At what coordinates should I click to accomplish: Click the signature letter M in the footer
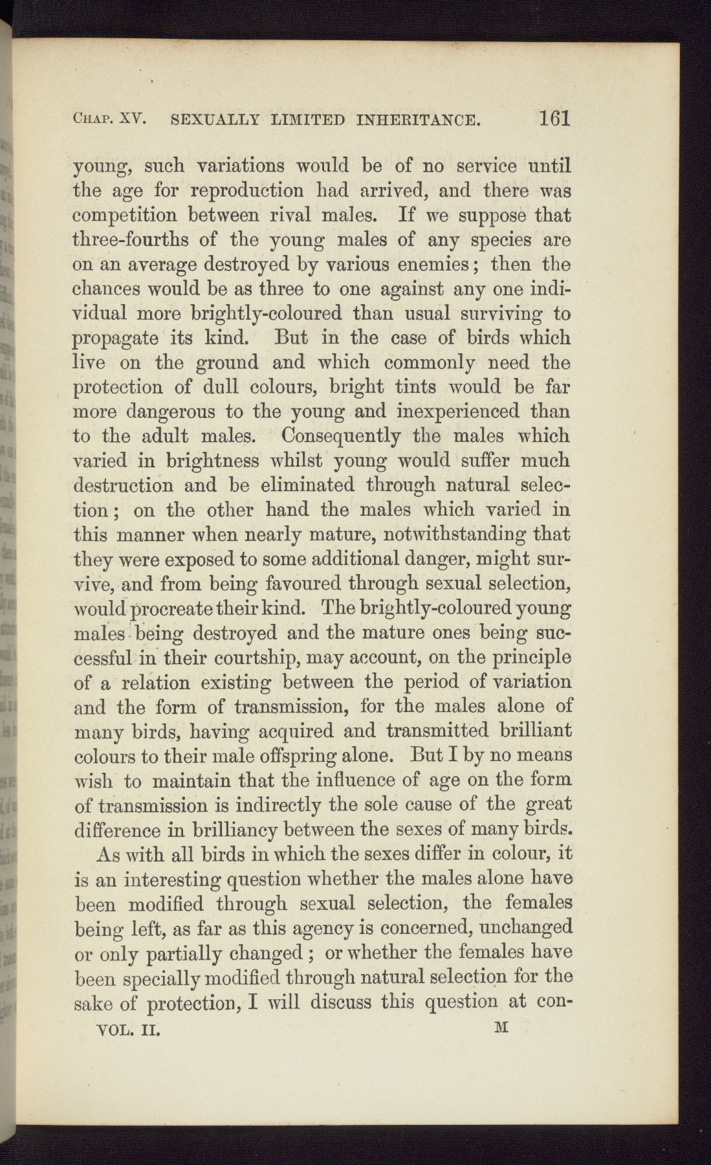[499, 1028]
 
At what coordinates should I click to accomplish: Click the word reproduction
[232, 192]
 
